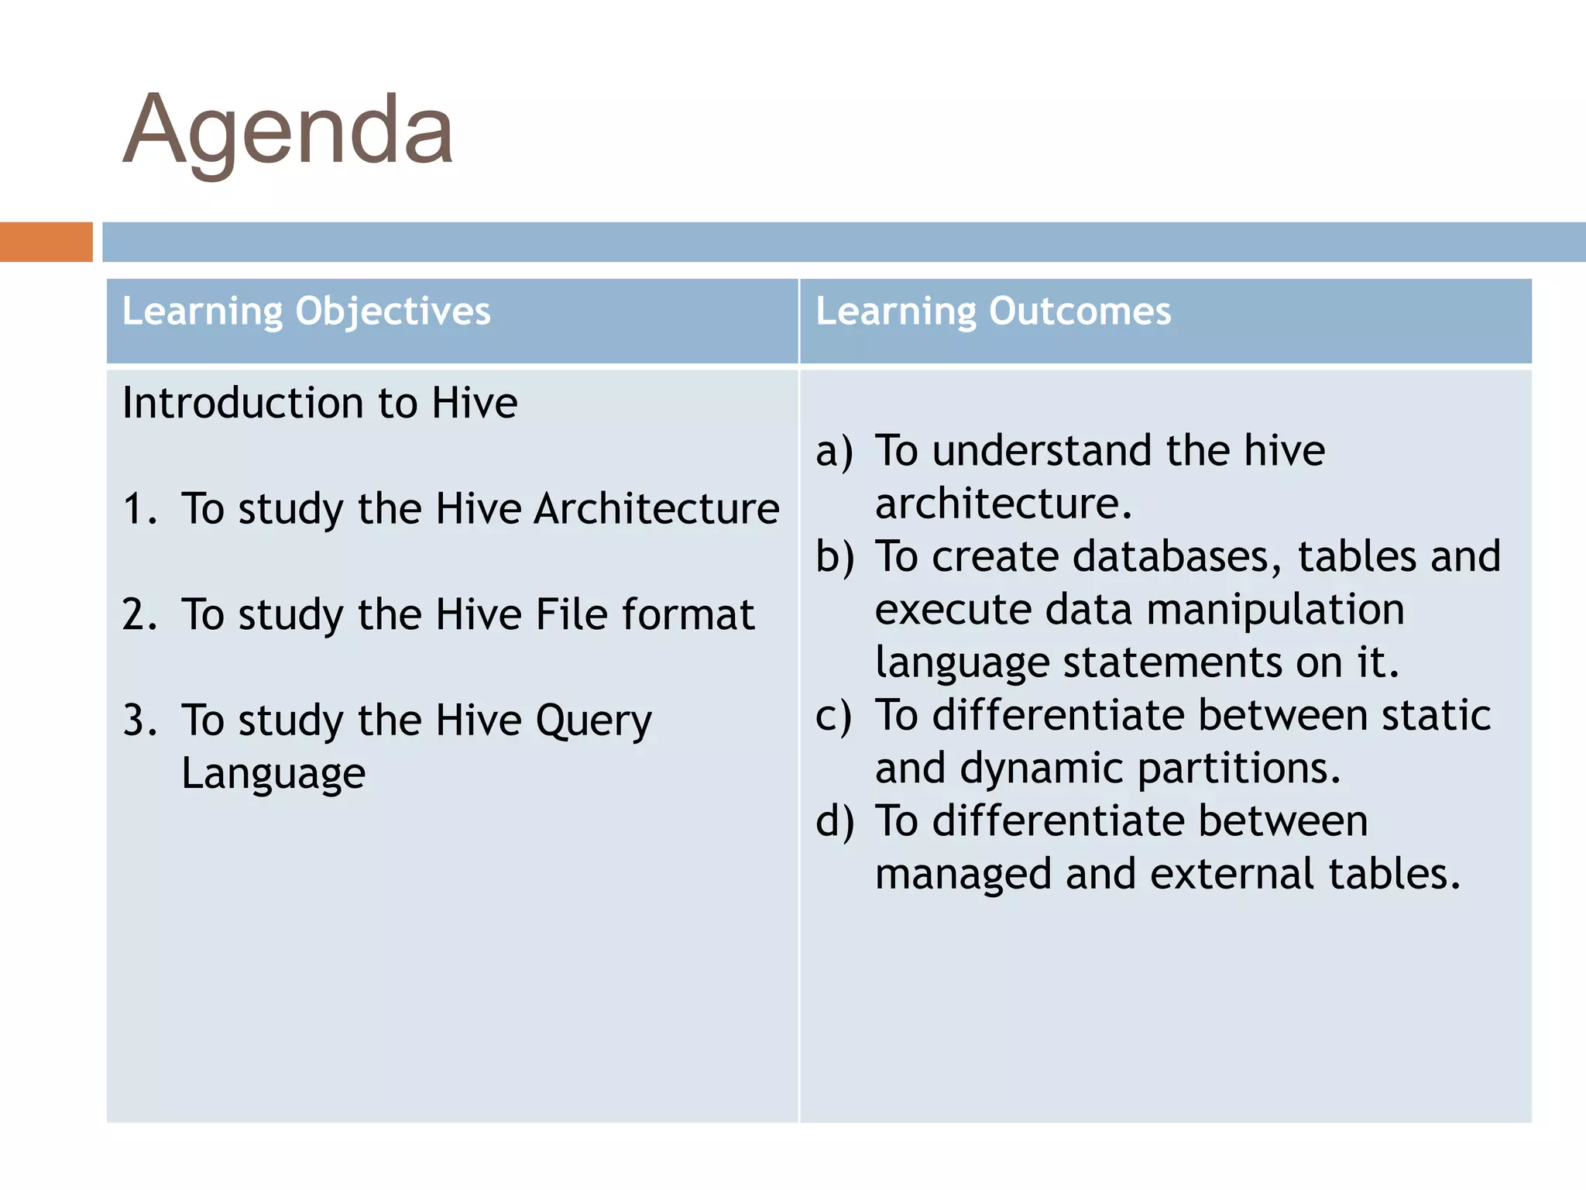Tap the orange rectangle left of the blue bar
(46, 242)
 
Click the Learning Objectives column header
(306, 311)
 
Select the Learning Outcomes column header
(993, 311)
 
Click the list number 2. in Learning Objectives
(139, 615)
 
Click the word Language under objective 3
(273, 773)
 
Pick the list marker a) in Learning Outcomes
(834, 452)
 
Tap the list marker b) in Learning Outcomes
(834, 558)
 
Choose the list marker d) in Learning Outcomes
(834, 821)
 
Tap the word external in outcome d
(1232, 874)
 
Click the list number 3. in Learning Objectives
(139, 721)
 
